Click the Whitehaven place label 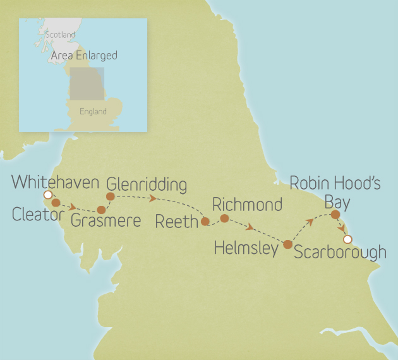pos(56,183)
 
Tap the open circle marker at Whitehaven pos(47,195)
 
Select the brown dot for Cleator pos(56,203)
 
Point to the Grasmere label pos(106,221)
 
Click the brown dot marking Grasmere pos(101,210)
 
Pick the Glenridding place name pos(147,185)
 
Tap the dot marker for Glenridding pos(110,196)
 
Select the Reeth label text pos(176,222)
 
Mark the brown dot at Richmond pos(224,218)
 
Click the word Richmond pos(247,205)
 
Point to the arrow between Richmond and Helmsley pos(251,227)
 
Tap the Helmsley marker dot pos(288,244)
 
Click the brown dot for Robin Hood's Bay pos(335,215)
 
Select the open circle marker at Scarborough pos(346,239)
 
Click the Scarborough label pos(340,253)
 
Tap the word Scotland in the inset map pos(60,35)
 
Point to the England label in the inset pos(93,112)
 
